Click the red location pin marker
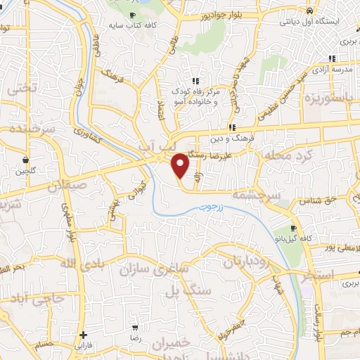[x=181, y=165]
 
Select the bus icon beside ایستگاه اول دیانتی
[x=310, y=11]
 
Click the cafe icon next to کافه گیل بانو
[x=295, y=229]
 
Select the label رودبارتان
[x=247, y=262]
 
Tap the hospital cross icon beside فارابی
[x=84, y=335]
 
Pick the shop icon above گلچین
[x=25, y=159]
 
